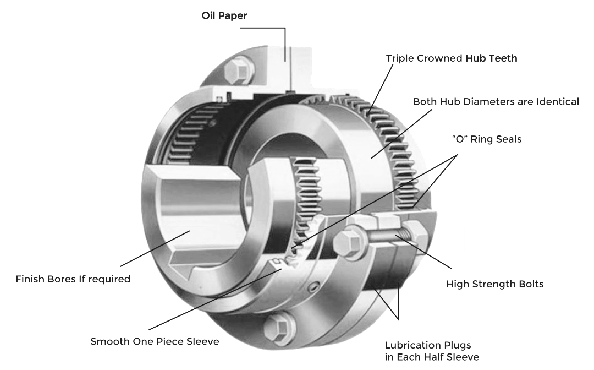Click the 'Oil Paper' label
coord(224,15)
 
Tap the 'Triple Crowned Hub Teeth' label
coord(451,58)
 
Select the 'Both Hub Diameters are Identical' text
coord(496,102)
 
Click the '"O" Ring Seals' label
coord(486,139)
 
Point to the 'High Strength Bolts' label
coord(495,285)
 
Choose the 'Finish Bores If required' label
coord(73,279)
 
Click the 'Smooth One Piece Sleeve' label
coord(155,342)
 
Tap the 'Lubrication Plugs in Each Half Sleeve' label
coord(432,351)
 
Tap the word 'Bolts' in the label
coord(529,285)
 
